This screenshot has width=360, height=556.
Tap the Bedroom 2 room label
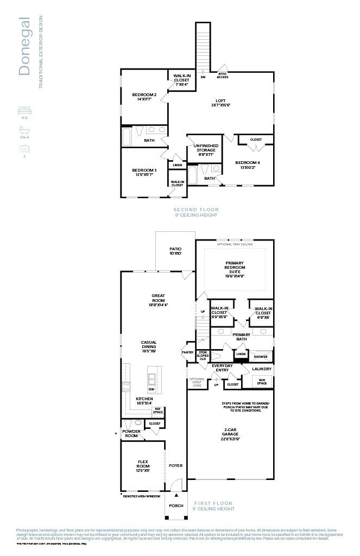(x=144, y=97)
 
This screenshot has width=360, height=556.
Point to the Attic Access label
(x=223, y=76)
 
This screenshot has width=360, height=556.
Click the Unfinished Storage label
(x=206, y=150)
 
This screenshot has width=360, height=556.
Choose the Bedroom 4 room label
(x=247, y=165)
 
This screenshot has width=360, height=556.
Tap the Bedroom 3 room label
(x=144, y=172)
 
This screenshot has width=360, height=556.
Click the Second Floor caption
(x=196, y=210)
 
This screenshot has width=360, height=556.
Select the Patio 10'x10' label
(x=175, y=251)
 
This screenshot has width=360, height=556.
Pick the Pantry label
(x=187, y=352)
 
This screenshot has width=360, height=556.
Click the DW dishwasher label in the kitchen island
(x=151, y=389)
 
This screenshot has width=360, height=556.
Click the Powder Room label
(x=131, y=433)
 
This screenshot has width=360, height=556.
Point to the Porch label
(x=176, y=506)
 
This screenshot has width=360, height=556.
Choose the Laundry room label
(x=262, y=369)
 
